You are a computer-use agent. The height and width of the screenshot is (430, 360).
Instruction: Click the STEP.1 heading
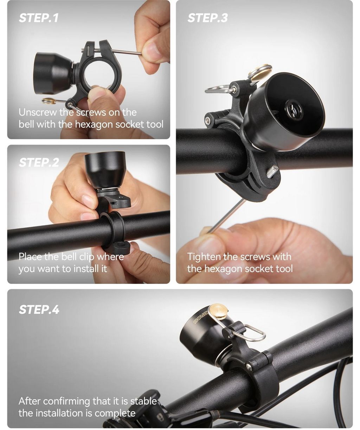click(39, 18)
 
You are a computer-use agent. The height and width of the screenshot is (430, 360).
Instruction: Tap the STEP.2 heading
click(39, 163)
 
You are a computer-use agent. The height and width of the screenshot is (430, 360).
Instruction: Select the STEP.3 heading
click(207, 18)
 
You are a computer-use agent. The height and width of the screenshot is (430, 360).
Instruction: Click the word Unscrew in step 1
click(38, 112)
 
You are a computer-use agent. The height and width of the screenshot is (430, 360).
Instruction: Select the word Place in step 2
click(30, 256)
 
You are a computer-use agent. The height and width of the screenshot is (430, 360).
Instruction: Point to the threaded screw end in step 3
click(272, 171)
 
